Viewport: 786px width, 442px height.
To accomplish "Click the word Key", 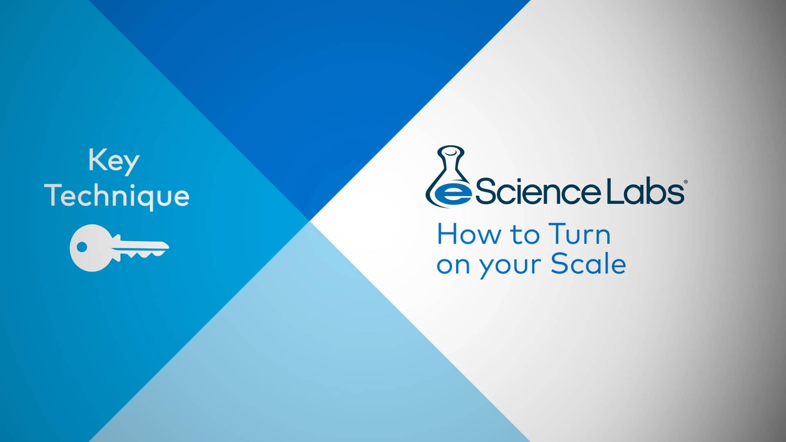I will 114,161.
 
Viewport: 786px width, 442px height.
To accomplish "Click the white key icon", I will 119,248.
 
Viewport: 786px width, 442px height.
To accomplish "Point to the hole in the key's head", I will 82,247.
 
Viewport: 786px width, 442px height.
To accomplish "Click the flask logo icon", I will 449,176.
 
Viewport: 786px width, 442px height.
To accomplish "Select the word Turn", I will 579,235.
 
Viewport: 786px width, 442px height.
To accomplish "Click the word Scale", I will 588,264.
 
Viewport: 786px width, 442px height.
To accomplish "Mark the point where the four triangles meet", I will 309,221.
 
